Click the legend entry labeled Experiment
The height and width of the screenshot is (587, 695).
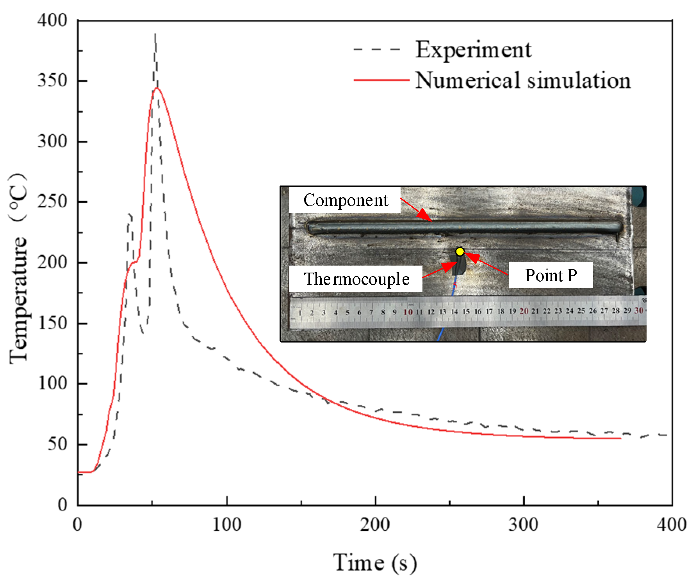[x=473, y=50]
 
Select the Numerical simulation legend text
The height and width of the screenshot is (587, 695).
[x=523, y=80]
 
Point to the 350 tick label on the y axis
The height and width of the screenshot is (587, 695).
[x=52, y=80]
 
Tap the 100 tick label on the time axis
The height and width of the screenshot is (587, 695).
[x=226, y=525]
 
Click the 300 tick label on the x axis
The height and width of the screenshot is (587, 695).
[x=523, y=525]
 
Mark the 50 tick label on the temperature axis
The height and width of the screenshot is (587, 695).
[x=57, y=444]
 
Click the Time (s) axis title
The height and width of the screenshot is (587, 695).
[x=375, y=563]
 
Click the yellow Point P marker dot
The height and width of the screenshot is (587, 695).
[x=460, y=252]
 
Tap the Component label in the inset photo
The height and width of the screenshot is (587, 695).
[x=345, y=200]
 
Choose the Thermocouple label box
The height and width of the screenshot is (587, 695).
[x=356, y=279]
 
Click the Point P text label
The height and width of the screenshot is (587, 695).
[x=551, y=275]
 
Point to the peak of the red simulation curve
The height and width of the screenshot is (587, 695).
[x=157, y=88]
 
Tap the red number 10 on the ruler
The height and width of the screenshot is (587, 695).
[x=408, y=312]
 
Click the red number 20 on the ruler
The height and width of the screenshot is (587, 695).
[x=524, y=311]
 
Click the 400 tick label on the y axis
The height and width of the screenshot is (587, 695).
[x=52, y=20]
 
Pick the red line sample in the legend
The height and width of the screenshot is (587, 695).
[x=381, y=80]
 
